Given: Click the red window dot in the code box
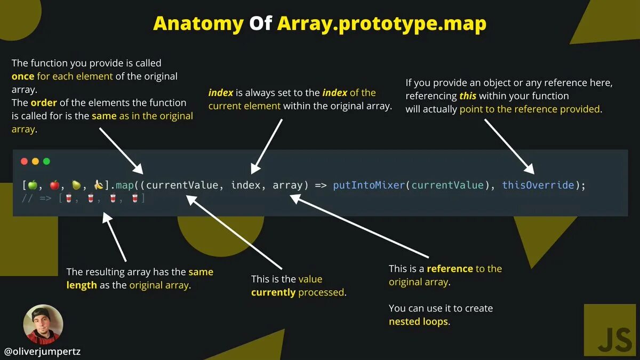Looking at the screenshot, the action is click(24, 161).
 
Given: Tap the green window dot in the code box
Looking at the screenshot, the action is click(46, 161).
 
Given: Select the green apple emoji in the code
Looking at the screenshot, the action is click(32, 185).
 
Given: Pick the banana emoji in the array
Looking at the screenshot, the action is click(98, 185).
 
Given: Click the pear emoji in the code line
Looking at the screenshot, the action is click(76, 185).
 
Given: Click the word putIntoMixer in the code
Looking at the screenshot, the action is click(369, 185).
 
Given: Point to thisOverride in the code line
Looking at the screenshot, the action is click(538, 185).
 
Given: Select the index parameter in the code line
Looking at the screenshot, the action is click(245, 185).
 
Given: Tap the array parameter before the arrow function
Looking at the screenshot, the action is click(287, 185).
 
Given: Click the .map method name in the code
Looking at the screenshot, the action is click(124, 185).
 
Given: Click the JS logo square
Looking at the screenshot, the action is click(610, 330).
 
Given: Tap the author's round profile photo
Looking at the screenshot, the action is click(43, 324).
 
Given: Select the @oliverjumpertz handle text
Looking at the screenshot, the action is click(42, 351).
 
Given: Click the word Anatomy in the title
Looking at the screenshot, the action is click(198, 23).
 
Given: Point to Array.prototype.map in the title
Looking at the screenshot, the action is click(381, 23).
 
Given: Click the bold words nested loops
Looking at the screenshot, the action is click(418, 322).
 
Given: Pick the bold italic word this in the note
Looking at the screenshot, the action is click(468, 96).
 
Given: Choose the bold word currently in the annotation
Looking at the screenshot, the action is click(273, 292).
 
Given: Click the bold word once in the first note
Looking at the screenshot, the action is click(23, 76).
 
